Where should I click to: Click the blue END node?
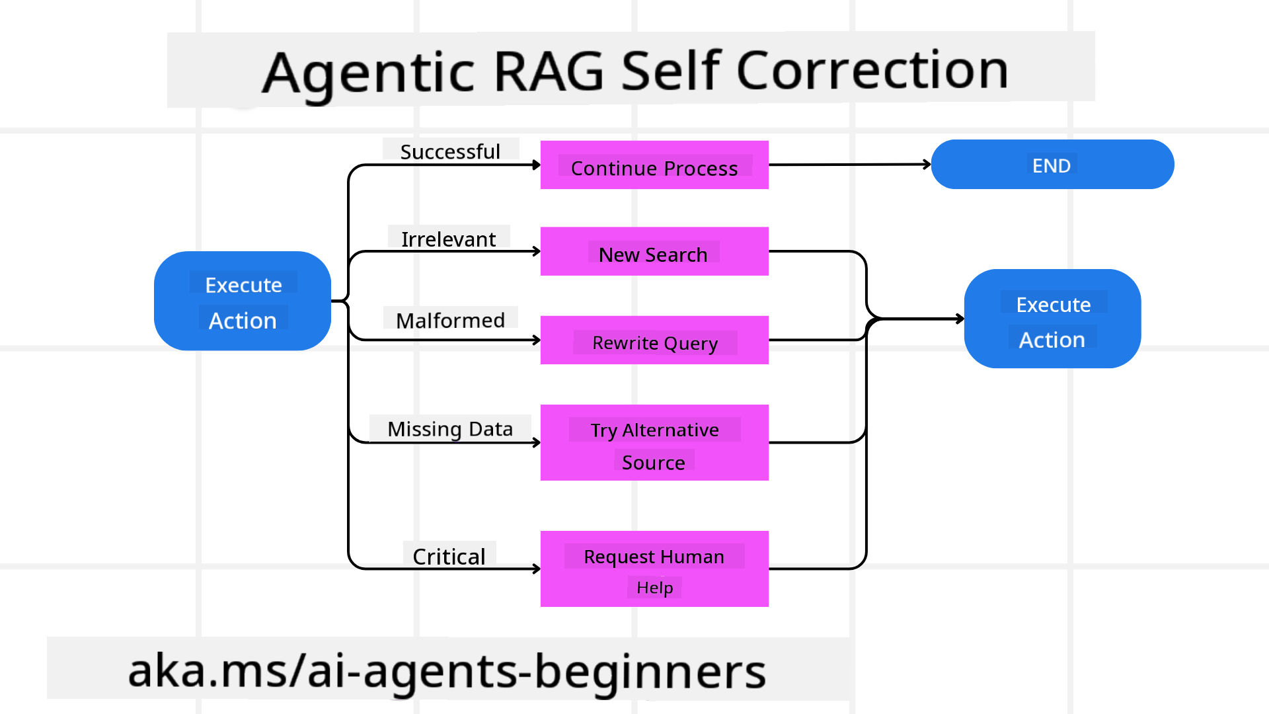click(x=1052, y=165)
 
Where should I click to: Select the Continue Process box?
click(x=654, y=165)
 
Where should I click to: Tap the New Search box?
click(x=654, y=252)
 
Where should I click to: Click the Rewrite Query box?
click(x=654, y=340)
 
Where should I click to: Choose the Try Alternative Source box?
click(x=654, y=443)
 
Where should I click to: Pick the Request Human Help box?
click(x=654, y=569)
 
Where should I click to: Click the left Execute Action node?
click(x=243, y=301)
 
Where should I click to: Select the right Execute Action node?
click(x=1052, y=319)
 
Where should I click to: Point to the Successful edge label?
click(x=450, y=151)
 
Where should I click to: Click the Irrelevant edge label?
click(x=448, y=239)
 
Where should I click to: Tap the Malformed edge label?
click(x=450, y=320)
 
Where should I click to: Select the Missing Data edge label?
click(x=450, y=428)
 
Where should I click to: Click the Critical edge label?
click(x=449, y=556)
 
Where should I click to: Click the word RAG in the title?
click(x=548, y=71)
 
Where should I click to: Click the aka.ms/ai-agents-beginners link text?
click(x=447, y=670)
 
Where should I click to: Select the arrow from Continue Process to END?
click(x=849, y=165)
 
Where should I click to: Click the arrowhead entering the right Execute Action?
click(x=960, y=319)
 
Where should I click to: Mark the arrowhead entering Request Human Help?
click(x=536, y=569)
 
